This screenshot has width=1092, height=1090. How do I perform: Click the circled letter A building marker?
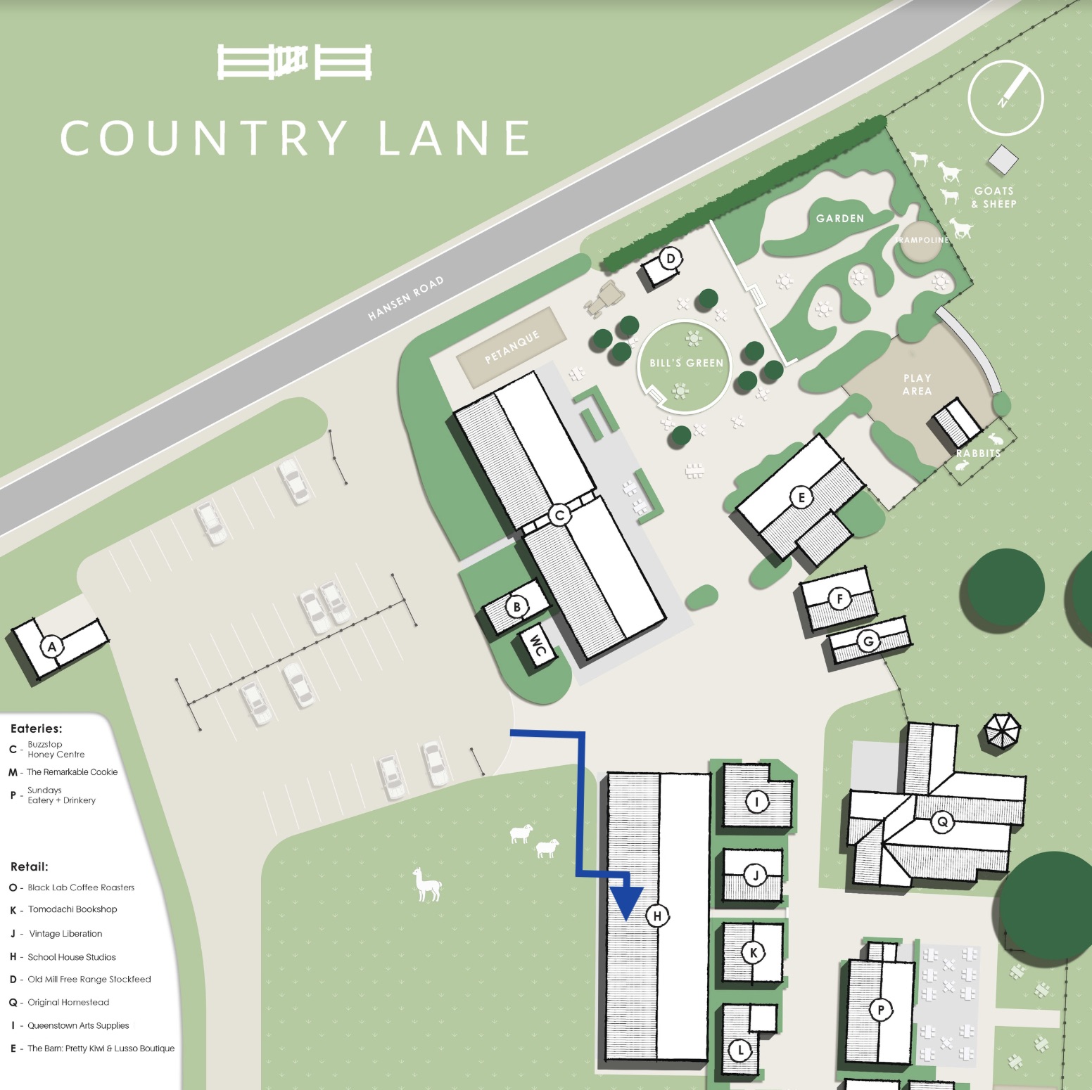pos(51,646)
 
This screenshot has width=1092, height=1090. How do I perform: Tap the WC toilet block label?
pos(538,645)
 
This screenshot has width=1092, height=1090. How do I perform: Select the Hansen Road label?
pos(406,298)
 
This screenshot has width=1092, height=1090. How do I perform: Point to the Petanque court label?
pos(512,347)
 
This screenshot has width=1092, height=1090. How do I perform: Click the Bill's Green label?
pos(686,363)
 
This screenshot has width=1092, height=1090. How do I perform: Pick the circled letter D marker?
pos(671,258)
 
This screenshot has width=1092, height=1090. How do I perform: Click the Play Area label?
pos(917,385)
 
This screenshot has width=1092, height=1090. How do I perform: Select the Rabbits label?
pos(978,453)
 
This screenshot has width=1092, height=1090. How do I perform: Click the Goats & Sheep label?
pos(993,198)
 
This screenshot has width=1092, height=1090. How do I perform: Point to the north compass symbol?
pos(1005,97)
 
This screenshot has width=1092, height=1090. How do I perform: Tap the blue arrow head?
pos(626,904)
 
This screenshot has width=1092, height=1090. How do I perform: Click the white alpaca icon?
pos(426,884)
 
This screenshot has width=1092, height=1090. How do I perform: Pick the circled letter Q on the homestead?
pos(942,821)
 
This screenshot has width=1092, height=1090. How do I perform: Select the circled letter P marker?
pos(880,1010)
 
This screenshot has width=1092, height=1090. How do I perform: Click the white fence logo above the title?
pos(294,62)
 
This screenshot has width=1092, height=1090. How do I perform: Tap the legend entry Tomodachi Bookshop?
pos(72,909)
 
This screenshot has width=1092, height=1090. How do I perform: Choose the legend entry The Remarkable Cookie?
pos(72,772)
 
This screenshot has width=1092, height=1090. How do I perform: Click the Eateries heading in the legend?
pos(37,729)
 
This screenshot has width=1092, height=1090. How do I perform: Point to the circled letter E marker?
pos(801,497)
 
